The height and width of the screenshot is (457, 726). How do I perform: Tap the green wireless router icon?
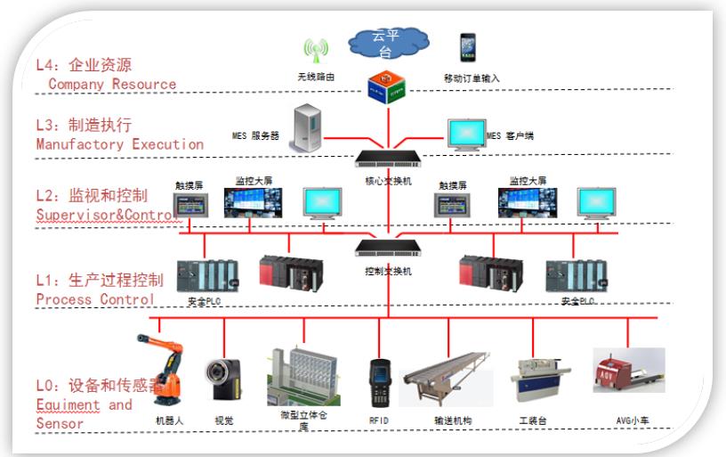pos(311,49)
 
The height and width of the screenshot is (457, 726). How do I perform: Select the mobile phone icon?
pos(467,47)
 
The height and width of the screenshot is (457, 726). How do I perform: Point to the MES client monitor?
pos(464,135)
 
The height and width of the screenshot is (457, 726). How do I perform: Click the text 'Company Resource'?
pos(112,85)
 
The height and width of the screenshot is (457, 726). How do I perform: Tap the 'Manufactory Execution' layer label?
pos(120,144)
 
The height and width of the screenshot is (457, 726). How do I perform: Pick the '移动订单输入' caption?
pos(472,78)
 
